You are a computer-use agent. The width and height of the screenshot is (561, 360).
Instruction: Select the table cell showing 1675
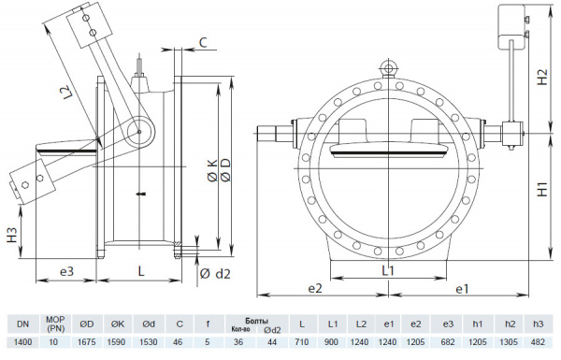coord(86,343)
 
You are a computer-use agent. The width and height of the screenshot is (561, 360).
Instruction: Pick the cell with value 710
coord(301,343)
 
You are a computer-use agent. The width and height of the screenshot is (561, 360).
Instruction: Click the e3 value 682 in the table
coord(447,343)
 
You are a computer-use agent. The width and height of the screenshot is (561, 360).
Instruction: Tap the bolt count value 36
coord(238,343)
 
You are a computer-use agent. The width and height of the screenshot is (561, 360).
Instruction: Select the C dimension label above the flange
coord(204,42)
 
